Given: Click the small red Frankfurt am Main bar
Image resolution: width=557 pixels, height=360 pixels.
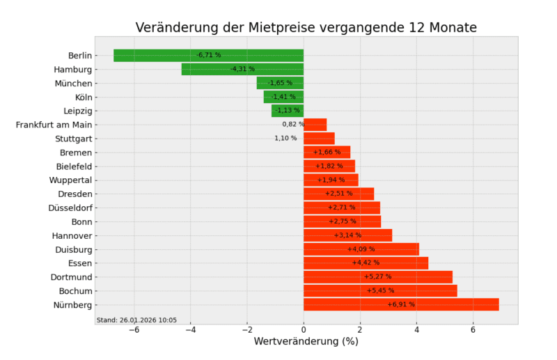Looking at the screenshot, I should click(x=315, y=125).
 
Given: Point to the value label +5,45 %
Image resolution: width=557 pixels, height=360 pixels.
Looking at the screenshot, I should click(x=380, y=290).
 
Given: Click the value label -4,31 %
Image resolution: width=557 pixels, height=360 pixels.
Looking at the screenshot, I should click(x=242, y=69).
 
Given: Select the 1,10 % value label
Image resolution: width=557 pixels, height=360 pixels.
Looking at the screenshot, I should click(x=285, y=139).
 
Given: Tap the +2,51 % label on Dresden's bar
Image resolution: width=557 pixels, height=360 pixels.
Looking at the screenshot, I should click(x=338, y=194).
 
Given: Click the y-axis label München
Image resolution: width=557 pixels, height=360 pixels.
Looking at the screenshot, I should click(x=73, y=83).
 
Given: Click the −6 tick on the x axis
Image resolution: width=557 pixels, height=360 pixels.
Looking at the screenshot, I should click(x=134, y=329).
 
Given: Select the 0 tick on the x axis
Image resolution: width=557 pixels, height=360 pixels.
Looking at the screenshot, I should click(x=304, y=329).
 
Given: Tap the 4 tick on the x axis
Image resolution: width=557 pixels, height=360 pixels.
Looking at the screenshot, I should click(x=416, y=329).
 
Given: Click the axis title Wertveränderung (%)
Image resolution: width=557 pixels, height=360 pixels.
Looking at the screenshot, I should click(x=306, y=342).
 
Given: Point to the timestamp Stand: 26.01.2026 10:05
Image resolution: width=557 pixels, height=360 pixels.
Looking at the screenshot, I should click(x=136, y=320).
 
